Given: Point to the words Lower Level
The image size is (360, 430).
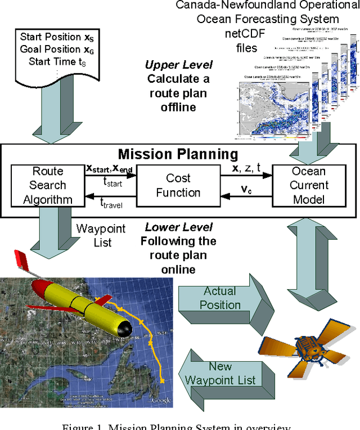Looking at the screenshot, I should click(179, 227).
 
